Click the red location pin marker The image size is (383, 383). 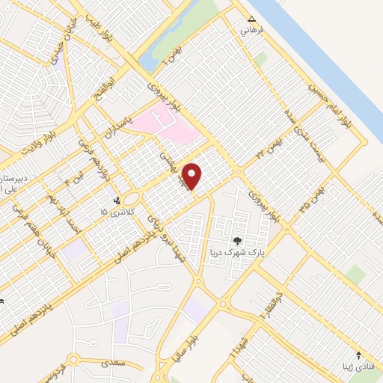point(193,176)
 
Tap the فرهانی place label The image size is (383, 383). point(247,31)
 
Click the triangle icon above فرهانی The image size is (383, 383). point(251,20)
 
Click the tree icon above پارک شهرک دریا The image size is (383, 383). point(237,241)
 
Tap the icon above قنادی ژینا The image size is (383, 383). point(358,354)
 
